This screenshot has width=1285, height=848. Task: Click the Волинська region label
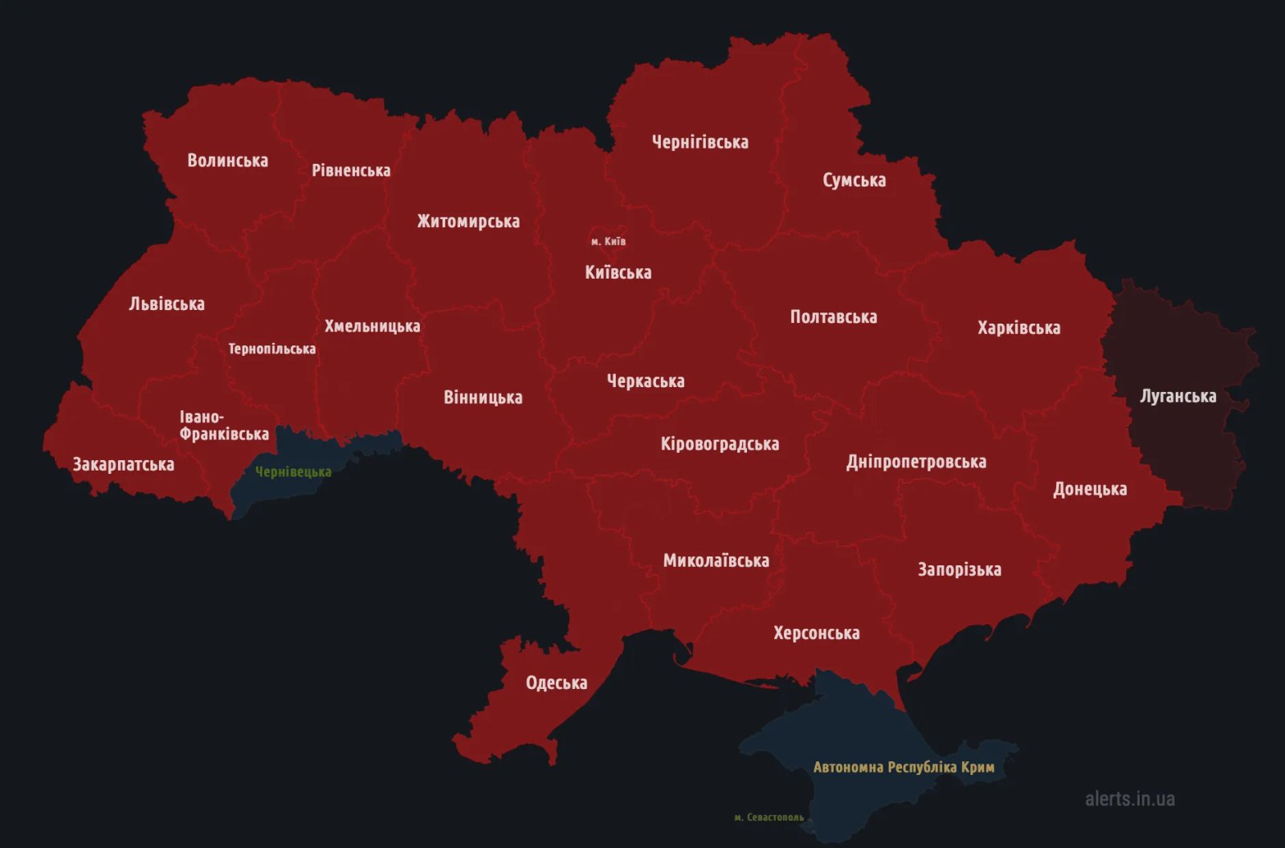(x=227, y=161)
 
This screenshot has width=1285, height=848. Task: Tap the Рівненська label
(x=351, y=170)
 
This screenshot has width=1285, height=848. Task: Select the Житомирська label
(x=468, y=222)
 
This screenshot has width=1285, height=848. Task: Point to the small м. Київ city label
(x=608, y=241)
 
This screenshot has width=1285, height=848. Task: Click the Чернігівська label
(x=700, y=142)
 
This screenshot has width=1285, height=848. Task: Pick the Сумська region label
(x=854, y=180)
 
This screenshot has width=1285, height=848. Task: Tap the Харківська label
(x=1018, y=328)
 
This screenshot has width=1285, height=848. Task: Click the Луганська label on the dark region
(x=1177, y=396)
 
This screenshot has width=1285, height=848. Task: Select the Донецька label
(x=1090, y=489)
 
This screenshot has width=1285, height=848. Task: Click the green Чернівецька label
(x=293, y=472)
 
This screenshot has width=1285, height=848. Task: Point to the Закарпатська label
(x=123, y=464)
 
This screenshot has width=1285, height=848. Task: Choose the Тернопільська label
(x=271, y=349)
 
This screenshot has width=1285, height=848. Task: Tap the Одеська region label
(x=556, y=683)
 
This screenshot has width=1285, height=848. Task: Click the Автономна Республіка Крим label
(x=904, y=767)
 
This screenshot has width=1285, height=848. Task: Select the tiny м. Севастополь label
(x=769, y=817)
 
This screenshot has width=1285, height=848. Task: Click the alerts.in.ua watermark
(x=1129, y=798)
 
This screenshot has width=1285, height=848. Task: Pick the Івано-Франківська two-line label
(x=223, y=426)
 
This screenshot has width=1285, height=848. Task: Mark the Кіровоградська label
(x=720, y=444)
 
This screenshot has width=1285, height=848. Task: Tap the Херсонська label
(x=816, y=633)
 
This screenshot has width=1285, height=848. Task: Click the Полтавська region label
(x=833, y=317)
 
